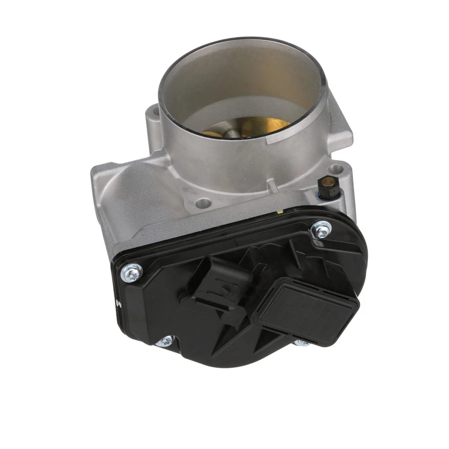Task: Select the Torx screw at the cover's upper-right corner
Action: (x=322, y=230)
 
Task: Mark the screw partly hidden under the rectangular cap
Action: (x=302, y=343)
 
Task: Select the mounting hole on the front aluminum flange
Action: (x=203, y=203)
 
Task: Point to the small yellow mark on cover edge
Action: (x=279, y=211)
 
